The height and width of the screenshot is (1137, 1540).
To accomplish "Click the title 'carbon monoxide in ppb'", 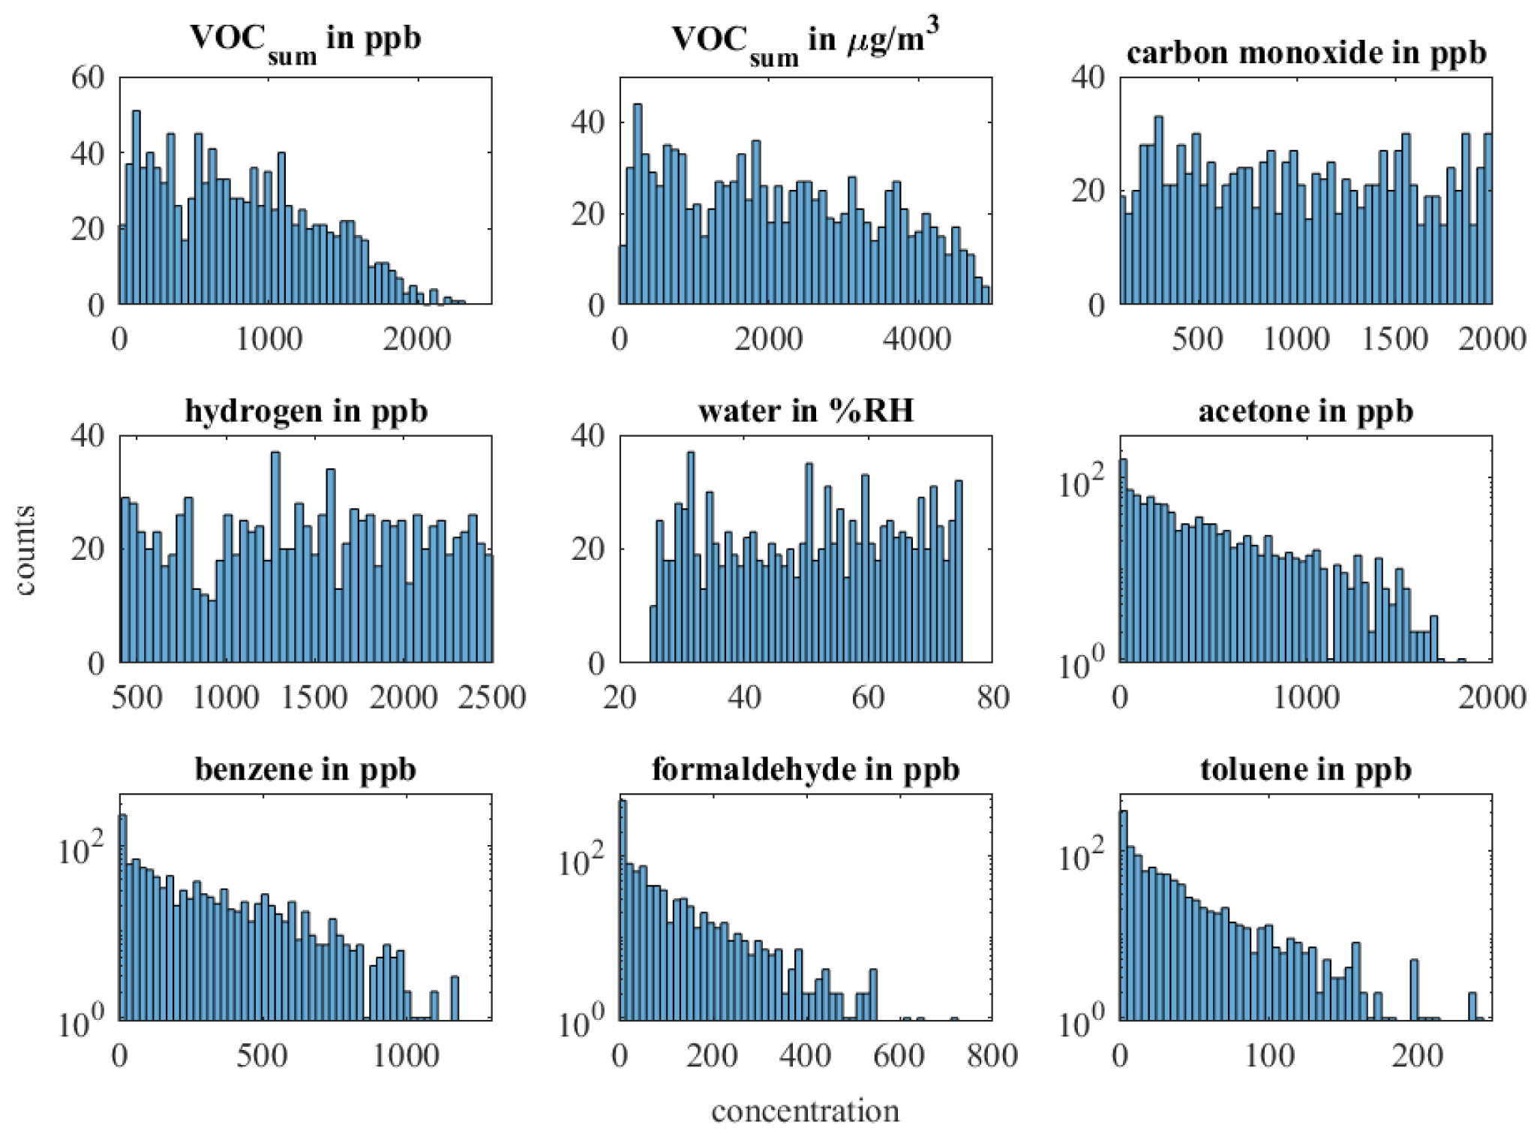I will click(1306, 53).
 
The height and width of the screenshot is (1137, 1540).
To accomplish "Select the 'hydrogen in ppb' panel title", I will click(306, 411).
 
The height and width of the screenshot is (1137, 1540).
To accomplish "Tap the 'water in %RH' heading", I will click(806, 411).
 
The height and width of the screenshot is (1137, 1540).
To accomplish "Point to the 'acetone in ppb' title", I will click(1306, 411).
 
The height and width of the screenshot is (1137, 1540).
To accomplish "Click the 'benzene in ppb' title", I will click(306, 769).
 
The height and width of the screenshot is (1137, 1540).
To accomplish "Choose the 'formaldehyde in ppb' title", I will click(806, 769).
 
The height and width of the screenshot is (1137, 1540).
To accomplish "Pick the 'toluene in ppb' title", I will click(1306, 769).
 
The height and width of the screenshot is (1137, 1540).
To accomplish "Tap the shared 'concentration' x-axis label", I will click(806, 1111).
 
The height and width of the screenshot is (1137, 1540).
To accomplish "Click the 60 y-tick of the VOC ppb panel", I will click(88, 77).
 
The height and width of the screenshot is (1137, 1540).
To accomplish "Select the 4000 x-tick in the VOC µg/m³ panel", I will click(917, 339).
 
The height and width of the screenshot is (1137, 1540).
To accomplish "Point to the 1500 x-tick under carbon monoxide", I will click(1394, 339).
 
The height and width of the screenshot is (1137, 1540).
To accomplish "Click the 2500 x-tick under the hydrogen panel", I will click(492, 698).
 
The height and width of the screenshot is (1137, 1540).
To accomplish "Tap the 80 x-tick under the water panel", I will click(992, 698).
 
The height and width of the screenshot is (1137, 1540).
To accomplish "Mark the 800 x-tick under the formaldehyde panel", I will click(992, 1056).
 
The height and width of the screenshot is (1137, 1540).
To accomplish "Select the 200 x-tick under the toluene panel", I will click(1417, 1056).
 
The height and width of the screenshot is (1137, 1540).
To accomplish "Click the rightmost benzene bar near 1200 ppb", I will click(455, 997).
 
